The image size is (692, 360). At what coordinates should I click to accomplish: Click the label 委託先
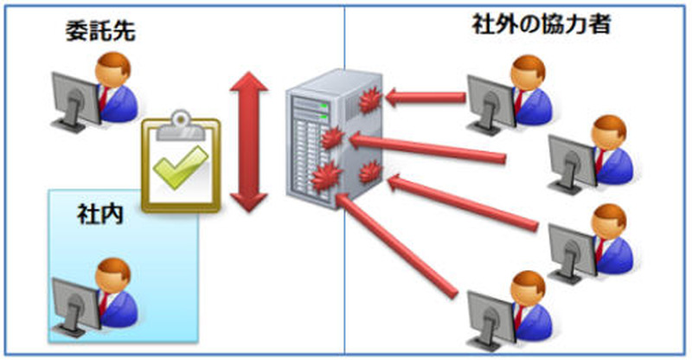pyautogui.click(x=101, y=33)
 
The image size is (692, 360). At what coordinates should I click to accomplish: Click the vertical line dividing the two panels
pyautogui.click(x=344, y=260)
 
